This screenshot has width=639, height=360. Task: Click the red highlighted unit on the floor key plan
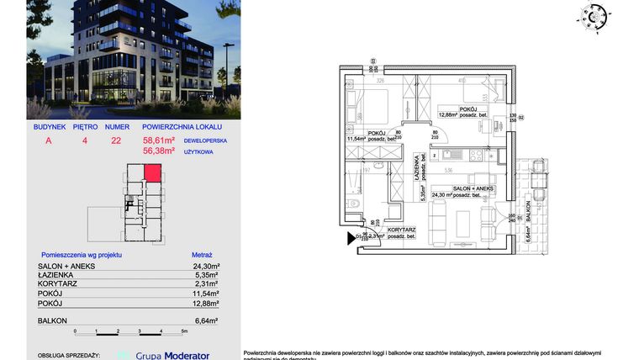click(152, 173)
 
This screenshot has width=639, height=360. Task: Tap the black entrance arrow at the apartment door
click(351, 238)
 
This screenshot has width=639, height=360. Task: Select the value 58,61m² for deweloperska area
click(159, 141)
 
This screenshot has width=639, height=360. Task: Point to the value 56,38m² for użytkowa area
click(159, 151)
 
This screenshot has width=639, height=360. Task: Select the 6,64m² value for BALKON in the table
click(205, 321)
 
